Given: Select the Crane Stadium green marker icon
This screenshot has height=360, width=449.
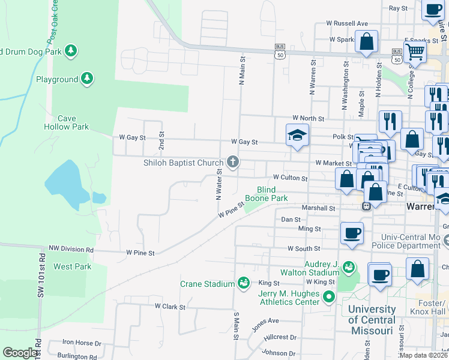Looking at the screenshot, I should pos(244,282).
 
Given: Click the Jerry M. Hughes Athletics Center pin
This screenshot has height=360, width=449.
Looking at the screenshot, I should pos(328,296).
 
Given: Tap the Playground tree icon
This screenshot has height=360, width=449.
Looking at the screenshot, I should pos(87,79).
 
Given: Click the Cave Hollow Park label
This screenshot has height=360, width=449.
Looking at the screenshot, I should pos(66,122).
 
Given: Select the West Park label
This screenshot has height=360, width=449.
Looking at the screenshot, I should pos(72,266).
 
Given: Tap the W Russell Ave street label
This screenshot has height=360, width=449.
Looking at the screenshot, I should pos(347,23).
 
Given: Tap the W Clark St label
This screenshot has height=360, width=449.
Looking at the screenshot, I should pos(170,306).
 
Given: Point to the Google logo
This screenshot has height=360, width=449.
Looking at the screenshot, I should pos(20,352).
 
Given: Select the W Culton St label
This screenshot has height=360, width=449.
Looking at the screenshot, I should pos(290,178).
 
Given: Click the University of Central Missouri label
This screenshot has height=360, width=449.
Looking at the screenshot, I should pos(372,315).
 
